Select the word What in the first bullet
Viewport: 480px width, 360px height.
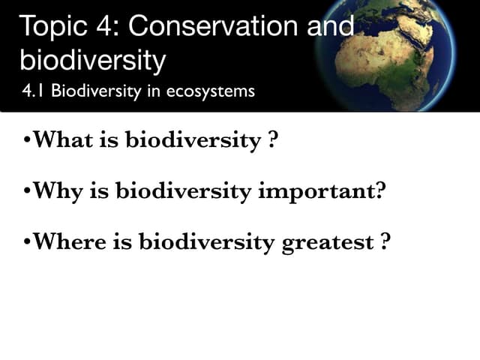[60, 140]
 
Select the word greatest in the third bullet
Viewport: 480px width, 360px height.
[328, 243]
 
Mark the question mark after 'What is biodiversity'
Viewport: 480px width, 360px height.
[272, 140]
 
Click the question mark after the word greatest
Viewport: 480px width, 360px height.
[385, 242]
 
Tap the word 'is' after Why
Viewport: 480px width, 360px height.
[100, 191]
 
